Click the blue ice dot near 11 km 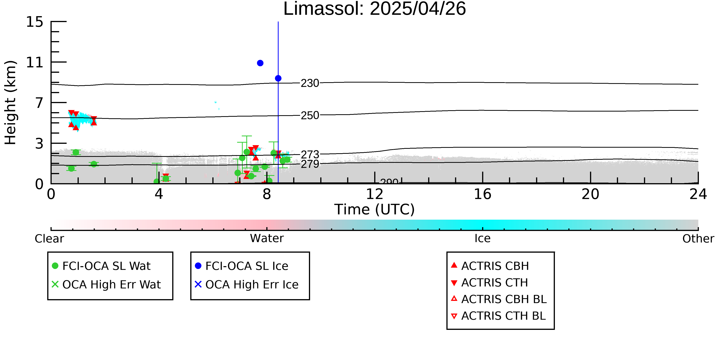tap(260, 63)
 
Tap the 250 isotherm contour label tap(310, 115)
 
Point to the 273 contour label tap(310, 154)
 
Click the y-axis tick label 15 tap(35, 22)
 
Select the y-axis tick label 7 tap(39, 103)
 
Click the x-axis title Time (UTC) tap(375, 209)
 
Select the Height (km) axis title tap(10, 103)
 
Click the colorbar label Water tap(267, 238)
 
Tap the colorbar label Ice tap(482, 238)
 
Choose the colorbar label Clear tap(49, 239)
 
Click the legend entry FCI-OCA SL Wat tap(101, 266)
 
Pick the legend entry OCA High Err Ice tap(247, 285)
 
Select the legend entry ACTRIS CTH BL tap(498, 316)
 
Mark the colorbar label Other tap(698, 239)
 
